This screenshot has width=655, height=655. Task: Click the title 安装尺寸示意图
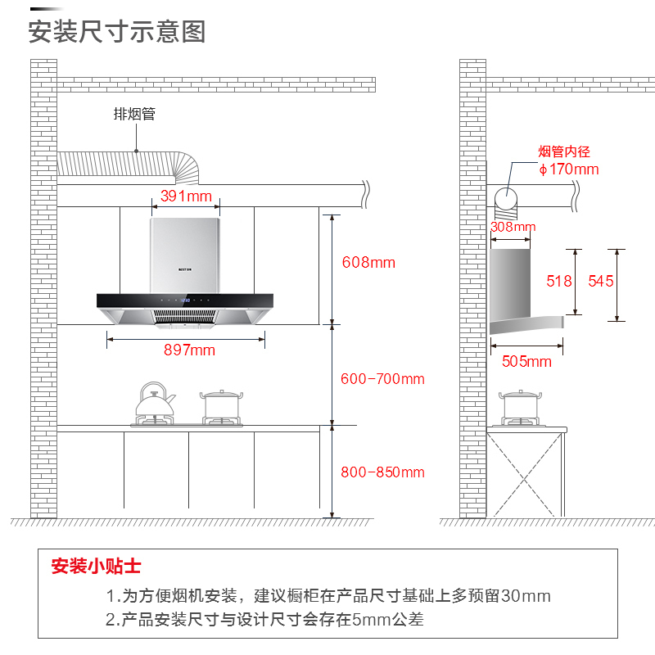116,32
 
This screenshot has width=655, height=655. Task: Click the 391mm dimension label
186,196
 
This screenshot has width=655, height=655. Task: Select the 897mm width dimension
189,350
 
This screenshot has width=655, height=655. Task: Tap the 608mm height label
368,263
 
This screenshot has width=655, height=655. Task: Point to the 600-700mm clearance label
382,379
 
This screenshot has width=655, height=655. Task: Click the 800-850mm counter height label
382,472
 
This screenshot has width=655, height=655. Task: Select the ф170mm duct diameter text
568,169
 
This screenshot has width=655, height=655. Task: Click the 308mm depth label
513,227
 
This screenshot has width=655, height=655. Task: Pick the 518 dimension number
559,281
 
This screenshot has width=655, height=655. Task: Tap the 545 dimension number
600,281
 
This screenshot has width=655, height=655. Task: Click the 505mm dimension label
526,361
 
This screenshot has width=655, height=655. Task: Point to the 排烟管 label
133,114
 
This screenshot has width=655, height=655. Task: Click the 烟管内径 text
564,151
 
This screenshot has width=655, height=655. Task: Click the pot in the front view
221,405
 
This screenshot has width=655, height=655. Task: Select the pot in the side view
522,405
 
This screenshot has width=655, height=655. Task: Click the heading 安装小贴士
96,567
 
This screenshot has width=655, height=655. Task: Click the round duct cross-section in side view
508,198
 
